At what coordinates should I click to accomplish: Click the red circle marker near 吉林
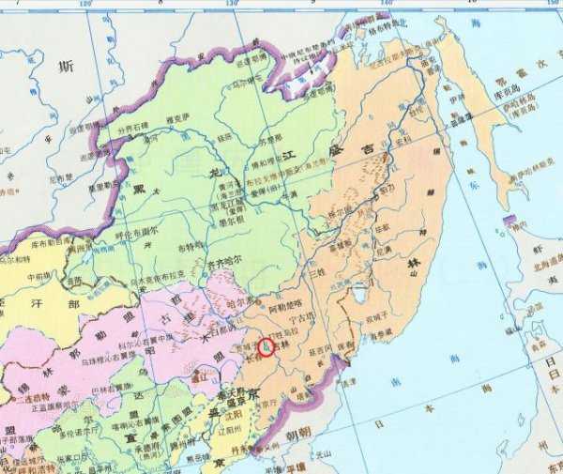[266, 346]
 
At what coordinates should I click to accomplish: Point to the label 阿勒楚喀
[285, 305]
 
